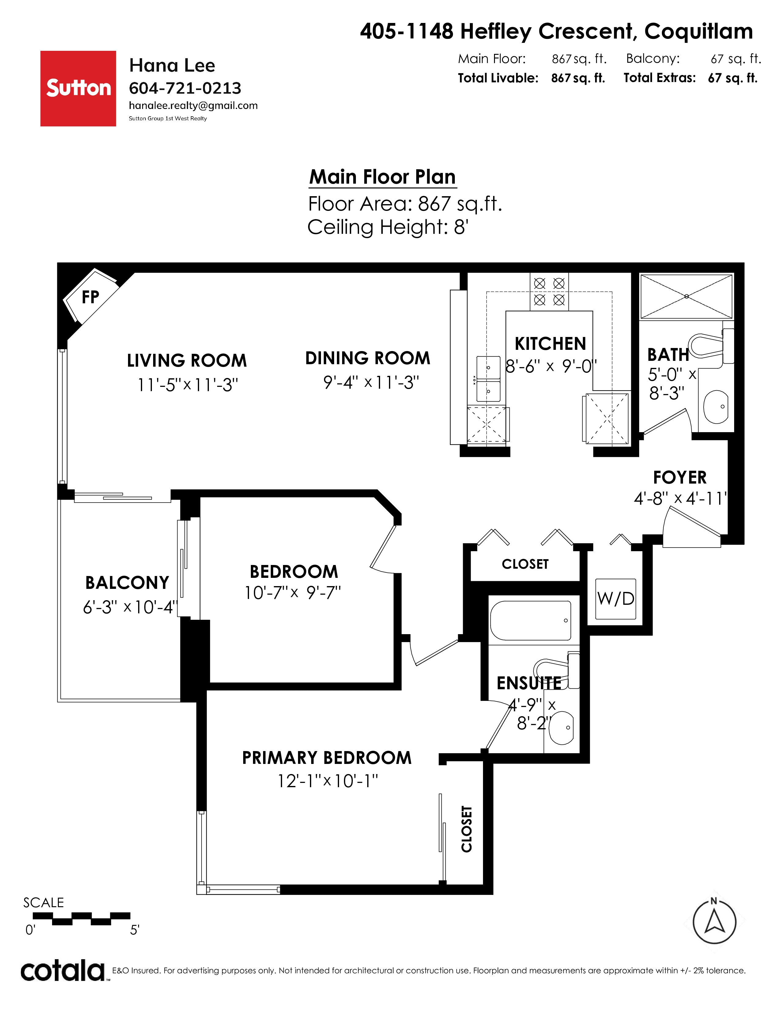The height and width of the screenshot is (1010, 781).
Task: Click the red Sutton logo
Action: click(78, 88)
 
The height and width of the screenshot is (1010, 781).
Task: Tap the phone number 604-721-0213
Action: click(185, 88)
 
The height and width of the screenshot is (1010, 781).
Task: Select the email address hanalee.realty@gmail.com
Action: click(193, 106)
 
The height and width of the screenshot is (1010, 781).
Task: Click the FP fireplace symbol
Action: click(90, 296)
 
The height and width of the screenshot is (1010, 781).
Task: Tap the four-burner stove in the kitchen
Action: click(549, 291)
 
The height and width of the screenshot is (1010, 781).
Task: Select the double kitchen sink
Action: click(489, 379)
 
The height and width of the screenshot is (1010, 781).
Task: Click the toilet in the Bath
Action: click(711, 346)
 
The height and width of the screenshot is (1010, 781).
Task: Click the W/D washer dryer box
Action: click(615, 599)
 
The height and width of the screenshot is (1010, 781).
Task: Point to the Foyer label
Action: click(680, 477)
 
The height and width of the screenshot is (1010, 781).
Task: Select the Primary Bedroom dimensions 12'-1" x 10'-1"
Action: click(328, 781)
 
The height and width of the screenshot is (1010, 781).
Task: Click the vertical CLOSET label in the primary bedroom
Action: click(467, 829)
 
